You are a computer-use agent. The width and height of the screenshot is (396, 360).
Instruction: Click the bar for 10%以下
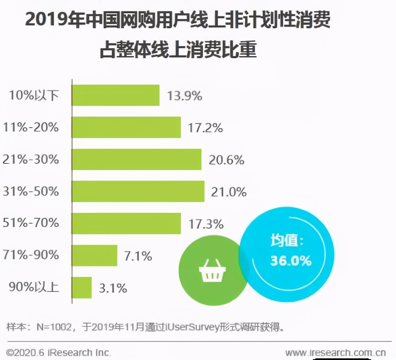pyautogui.click(x=116, y=95)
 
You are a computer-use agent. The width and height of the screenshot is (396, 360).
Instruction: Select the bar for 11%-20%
pyautogui.click(x=126, y=127)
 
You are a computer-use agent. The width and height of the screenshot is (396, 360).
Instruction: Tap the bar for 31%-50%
pyautogui.click(x=138, y=191)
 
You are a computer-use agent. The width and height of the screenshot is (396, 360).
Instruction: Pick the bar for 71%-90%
pyautogui.click(x=94, y=255)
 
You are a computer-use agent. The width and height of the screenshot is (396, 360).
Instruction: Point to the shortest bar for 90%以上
pyautogui.click(x=82, y=287)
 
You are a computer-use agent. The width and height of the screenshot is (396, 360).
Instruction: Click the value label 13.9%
pyautogui.click(x=185, y=96)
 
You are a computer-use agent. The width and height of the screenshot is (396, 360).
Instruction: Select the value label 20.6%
pyautogui.click(x=227, y=160)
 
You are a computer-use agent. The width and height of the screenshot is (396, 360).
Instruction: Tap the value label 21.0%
pyautogui.click(x=229, y=192)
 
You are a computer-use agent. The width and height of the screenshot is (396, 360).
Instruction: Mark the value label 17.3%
pyautogui.click(x=206, y=224)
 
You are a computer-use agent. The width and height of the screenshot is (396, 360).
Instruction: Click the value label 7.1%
pyautogui.click(x=138, y=256)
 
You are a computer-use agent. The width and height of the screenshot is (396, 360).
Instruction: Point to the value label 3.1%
pyautogui.click(x=113, y=288)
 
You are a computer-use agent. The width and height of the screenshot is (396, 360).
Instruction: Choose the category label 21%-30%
pyautogui.click(x=31, y=159)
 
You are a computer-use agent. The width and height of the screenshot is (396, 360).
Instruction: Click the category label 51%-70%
pyautogui.click(x=31, y=223)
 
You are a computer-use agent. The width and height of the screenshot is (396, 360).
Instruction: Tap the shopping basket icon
pyautogui.click(x=212, y=272)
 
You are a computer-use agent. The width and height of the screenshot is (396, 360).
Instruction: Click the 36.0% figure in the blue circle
pyautogui.click(x=291, y=261)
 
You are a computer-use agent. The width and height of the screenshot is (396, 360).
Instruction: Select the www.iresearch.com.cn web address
pyautogui.click(x=335, y=353)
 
